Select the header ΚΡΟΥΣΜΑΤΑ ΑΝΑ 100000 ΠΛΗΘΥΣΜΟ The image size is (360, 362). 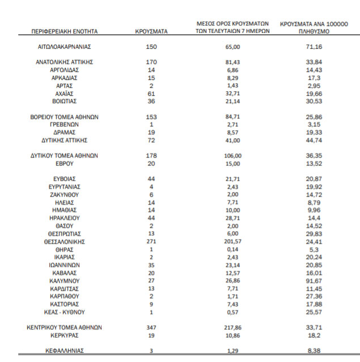(314, 28)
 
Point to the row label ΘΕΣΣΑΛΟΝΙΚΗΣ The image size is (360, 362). (64, 241)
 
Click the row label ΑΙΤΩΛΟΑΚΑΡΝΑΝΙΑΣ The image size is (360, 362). (64, 46)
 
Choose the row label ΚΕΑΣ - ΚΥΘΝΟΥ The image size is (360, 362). (64, 312)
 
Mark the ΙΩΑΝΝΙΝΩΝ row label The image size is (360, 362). (64, 264)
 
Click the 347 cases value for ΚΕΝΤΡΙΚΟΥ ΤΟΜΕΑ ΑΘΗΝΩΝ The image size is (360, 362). (151, 327)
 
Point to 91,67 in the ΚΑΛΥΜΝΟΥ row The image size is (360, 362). (314, 280)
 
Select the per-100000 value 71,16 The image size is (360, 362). (314, 46)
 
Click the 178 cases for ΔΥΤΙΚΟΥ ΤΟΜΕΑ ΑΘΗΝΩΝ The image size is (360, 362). (151, 155)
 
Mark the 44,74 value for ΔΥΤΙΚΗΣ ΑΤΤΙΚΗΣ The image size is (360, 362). (314, 140)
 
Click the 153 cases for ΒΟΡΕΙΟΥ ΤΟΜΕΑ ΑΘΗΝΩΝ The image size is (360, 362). (151, 117)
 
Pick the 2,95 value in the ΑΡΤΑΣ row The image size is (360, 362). (314, 86)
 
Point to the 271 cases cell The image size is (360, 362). (151, 241)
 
